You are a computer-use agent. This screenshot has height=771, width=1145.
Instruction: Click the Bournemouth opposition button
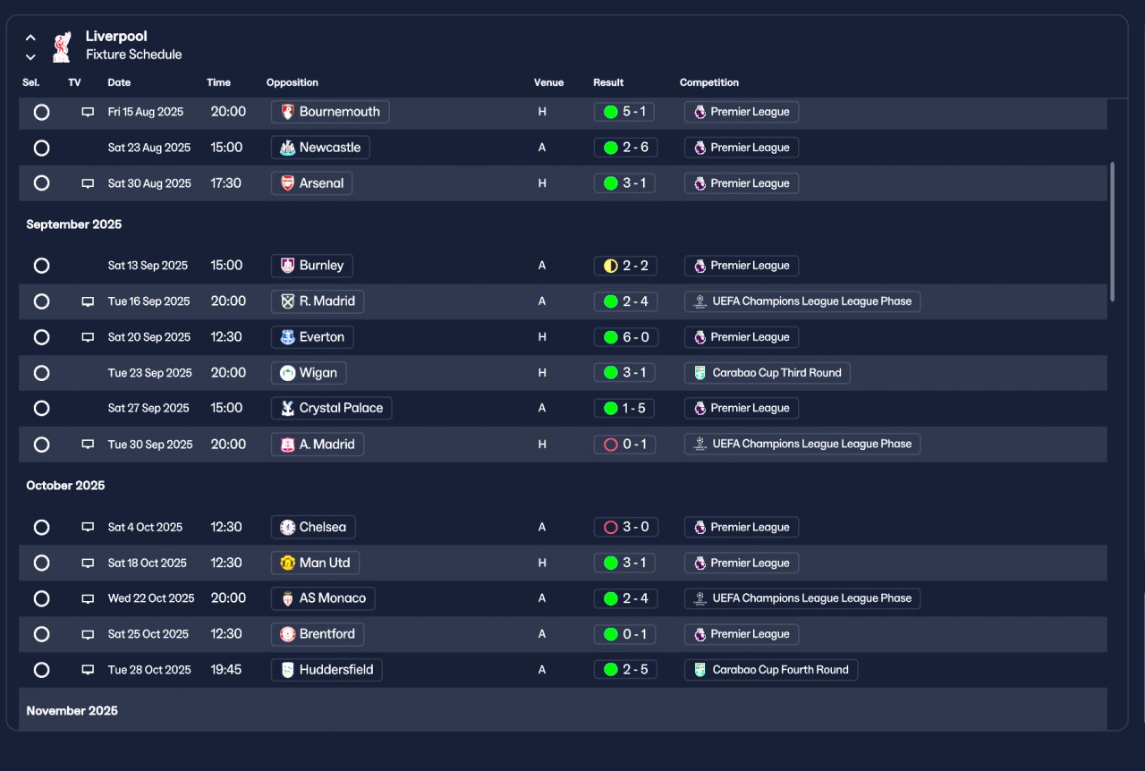330,112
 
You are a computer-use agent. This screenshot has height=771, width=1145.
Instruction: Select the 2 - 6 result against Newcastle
625,148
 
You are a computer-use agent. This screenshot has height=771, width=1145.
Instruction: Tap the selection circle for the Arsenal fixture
41,183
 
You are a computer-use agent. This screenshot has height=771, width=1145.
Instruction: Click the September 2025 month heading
73,225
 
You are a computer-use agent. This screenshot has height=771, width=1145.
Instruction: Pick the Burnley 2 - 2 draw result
625,266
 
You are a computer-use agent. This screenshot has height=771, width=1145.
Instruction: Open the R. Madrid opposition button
318,301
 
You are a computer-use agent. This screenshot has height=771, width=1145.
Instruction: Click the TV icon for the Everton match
88,337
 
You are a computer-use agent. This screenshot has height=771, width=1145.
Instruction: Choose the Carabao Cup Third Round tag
768,373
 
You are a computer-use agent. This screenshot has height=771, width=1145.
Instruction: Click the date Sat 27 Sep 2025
148,408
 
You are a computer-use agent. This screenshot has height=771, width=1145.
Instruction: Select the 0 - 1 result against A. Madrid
624,445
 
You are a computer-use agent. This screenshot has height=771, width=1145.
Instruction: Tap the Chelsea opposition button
313,527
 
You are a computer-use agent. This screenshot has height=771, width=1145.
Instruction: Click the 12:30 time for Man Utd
226,563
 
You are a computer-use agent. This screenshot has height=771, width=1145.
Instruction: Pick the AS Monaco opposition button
323,598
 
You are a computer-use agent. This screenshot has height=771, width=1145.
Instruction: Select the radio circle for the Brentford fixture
41,634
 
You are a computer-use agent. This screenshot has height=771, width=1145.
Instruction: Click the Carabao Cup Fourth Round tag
771,670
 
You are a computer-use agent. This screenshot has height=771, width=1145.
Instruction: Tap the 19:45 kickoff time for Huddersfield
226,669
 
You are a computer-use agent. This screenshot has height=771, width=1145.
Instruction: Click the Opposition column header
292,82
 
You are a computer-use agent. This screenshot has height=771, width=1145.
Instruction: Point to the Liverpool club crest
61,47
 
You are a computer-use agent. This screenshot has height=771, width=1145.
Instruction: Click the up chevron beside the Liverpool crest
30,38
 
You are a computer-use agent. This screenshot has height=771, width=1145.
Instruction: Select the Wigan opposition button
309,373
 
